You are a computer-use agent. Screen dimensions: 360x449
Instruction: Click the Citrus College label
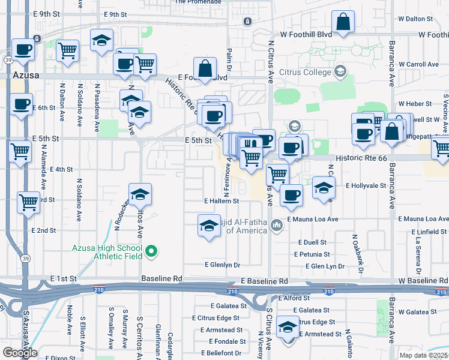(x=305, y=73)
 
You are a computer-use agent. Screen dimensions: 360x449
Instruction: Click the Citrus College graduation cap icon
(x=340, y=72)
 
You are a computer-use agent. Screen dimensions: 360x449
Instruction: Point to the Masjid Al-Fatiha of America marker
(x=277, y=226)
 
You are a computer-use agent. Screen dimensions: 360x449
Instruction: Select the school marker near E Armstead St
(x=288, y=328)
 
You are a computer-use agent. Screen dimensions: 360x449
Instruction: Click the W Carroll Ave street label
(x=418, y=64)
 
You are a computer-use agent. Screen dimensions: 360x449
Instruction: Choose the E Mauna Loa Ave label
(x=313, y=220)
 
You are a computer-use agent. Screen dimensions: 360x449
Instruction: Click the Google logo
(x=20, y=353)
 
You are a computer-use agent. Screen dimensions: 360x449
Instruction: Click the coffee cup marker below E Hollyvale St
(x=292, y=196)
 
